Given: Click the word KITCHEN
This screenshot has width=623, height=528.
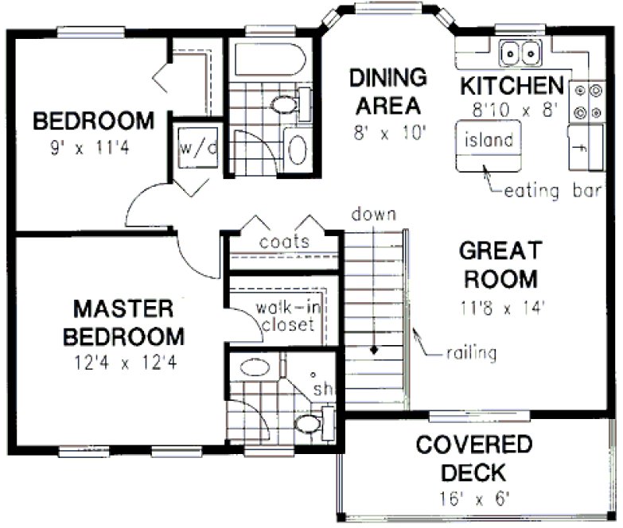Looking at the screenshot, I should (x=512, y=85).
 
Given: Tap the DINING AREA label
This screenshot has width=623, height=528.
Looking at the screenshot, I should (x=388, y=91).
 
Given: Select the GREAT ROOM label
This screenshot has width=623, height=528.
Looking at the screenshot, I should (x=499, y=265).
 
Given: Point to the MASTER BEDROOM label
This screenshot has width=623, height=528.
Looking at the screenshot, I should (x=123, y=321).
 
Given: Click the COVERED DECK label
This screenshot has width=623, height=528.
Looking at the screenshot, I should (x=472, y=458).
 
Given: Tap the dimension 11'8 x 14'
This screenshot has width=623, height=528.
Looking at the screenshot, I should (x=500, y=307).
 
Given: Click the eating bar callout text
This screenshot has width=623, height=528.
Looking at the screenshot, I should (x=555, y=192).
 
